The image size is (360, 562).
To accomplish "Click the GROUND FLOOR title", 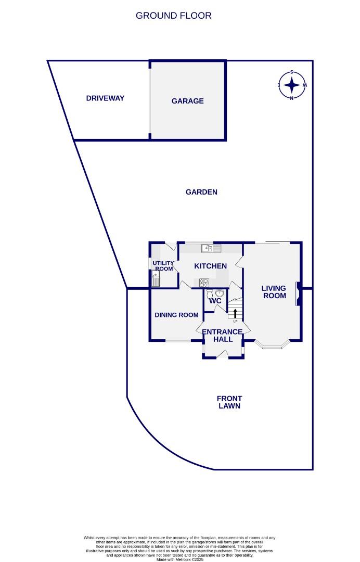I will pos(173,16).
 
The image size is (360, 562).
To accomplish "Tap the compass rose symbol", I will pos(292,85).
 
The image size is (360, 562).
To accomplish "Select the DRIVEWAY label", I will pos(105,98).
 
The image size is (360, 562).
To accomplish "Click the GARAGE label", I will pos(187,101).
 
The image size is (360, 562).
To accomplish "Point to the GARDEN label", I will pos(201,192).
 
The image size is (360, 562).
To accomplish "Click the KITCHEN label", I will pos(210,266).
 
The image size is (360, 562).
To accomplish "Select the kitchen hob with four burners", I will pos(204,283).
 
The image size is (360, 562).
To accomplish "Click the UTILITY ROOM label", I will pos(163,266).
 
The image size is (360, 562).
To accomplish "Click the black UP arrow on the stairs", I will pos(235,313).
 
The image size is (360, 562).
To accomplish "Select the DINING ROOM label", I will pos(176,315).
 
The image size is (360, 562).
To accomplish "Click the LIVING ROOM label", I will pos(274,292).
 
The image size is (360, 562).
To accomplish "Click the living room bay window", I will pos(273,345).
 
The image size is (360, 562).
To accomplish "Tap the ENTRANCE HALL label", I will pos(222,336).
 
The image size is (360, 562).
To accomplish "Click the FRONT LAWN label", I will pos(229,402).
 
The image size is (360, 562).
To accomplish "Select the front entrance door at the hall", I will pos(223,355).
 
